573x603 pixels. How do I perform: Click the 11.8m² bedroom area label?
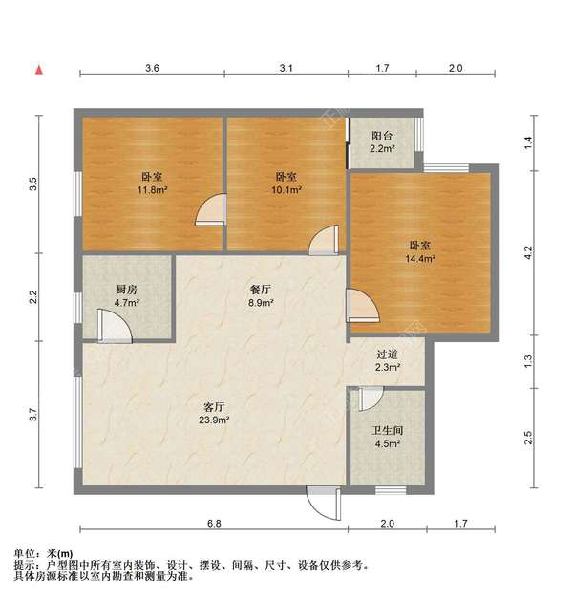151,189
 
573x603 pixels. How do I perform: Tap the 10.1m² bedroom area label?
286,189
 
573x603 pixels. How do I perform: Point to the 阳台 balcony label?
382,136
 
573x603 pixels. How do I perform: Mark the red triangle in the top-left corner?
39,69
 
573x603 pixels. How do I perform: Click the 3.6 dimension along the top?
151,69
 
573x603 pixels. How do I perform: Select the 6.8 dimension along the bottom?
214,524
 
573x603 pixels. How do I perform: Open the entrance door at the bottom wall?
322,502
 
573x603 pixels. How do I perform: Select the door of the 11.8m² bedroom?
209,210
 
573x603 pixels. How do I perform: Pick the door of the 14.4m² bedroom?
363,306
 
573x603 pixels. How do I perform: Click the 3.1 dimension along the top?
286,69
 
